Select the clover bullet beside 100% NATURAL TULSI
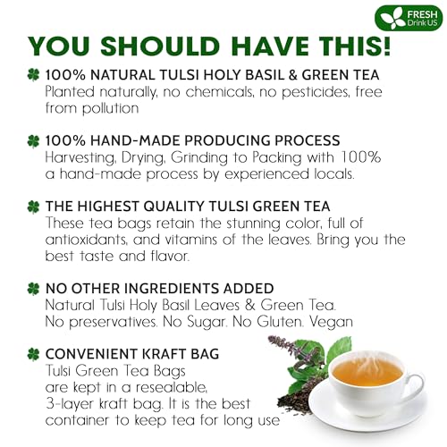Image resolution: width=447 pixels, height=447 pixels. coord(33,78)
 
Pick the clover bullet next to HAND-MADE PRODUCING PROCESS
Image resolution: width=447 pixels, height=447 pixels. coord(33,140)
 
